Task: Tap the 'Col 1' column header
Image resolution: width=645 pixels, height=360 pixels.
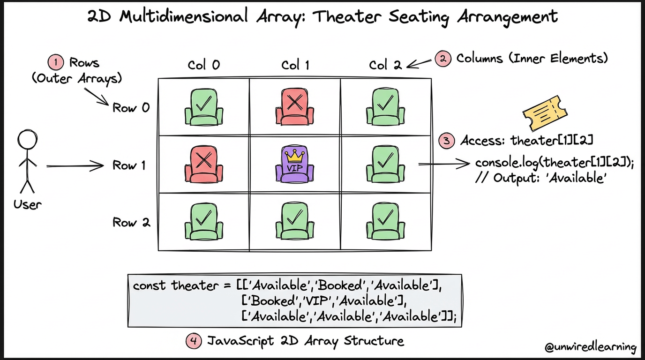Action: click(295, 65)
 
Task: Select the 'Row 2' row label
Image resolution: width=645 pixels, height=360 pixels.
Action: click(131, 222)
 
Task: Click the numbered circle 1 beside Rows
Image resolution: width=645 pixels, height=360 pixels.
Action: click(55, 62)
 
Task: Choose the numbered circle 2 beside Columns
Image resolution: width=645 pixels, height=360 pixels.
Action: click(442, 59)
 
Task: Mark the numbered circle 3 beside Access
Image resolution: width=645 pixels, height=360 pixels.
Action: click(446, 141)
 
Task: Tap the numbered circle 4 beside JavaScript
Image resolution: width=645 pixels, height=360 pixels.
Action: click(193, 341)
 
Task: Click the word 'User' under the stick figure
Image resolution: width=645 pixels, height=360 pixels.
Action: click(27, 204)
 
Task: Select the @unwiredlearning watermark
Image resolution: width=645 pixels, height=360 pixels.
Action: click(591, 347)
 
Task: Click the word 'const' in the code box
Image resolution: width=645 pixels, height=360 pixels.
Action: click(149, 285)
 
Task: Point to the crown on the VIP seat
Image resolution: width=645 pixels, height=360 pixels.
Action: click(294, 153)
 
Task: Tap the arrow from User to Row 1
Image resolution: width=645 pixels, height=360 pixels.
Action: click(75, 165)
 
